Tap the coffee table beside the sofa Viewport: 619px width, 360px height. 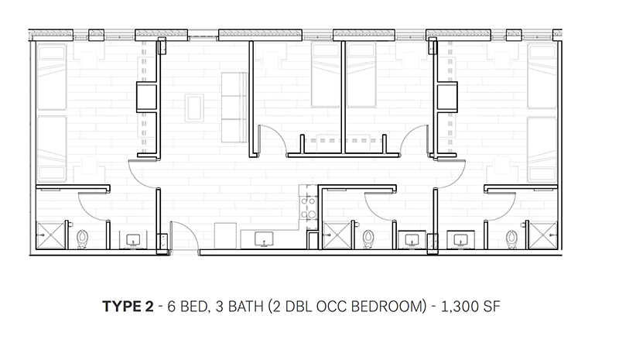click(193, 106)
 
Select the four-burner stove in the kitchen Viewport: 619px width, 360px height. click(306, 205)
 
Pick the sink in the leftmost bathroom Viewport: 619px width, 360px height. click(132, 240)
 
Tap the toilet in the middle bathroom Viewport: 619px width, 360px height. click(369, 237)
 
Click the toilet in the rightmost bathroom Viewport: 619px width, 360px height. click(511, 237)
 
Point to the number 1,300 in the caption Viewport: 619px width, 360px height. click(454, 306)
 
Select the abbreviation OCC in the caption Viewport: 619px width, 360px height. click(324, 306)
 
